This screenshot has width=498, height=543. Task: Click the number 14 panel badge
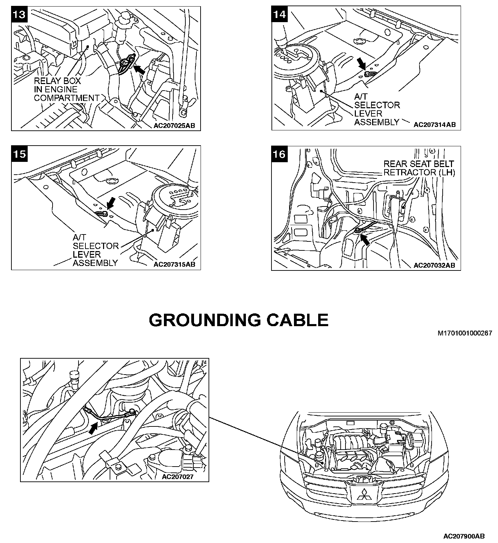pos(279,14)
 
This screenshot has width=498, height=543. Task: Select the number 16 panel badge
pos(279,154)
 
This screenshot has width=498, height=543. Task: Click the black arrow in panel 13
pos(139,70)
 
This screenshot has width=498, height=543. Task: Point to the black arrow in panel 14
pos(362,63)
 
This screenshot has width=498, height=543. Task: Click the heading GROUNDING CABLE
pos(239,320)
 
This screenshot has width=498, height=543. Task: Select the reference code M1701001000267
pos(464,333)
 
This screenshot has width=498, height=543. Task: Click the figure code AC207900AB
pos(464,536)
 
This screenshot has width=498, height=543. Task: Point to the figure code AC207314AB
pos(434,125)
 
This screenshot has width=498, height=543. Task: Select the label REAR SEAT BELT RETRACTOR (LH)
pos(419,168)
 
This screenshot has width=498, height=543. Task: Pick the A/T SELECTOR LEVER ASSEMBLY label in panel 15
pos(95,250)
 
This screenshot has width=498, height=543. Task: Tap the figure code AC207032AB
pos(434,265)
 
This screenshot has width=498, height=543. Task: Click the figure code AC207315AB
pos(174,265)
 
